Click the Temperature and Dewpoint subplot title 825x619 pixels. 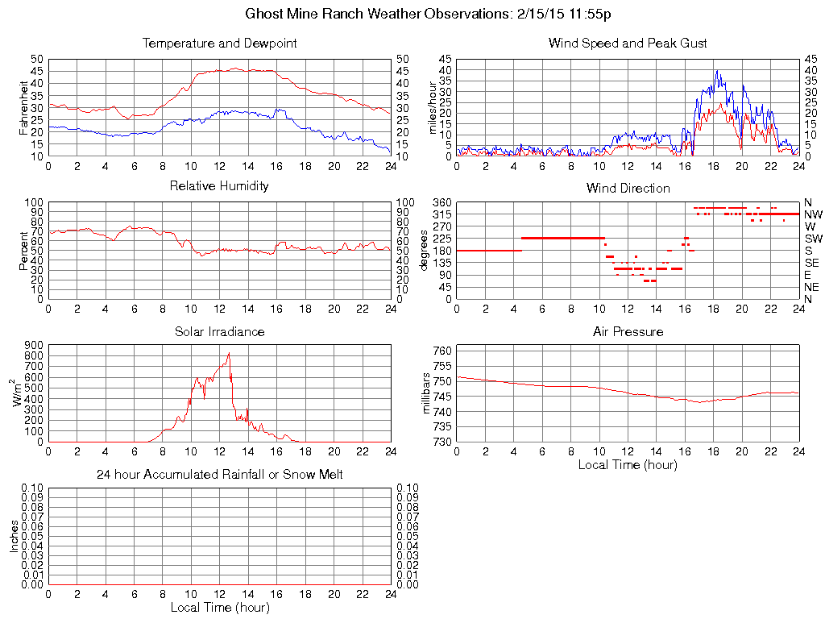pyautogui.click(x=219, y=43)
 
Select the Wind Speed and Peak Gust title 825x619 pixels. pyautogui.click(x=628, y=43)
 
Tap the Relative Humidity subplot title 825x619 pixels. pyautogui.click(x=219, y=186)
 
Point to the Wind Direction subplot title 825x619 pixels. pyautogui.click(x=628, y=188)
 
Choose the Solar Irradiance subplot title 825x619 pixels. pyautogui.click(x=219, y=331)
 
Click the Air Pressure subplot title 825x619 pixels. pyautogui.click(x=628, y=331)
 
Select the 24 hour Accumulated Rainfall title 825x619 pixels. pyautogui.click(x=219, y=475)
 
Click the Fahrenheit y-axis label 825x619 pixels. pyautogui.click(x=24, y=107)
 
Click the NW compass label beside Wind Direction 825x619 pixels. pyautogui.click(x=813, y=214)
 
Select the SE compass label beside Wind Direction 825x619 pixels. pyautogui.click(x=812, y=263)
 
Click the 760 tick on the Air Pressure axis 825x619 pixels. pyautogui.click(x=442, y=351)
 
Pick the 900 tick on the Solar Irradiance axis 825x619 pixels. pyautogui.click(x=34, y=345)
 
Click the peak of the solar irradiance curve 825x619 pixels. pyautogui.click(x=229, y=352)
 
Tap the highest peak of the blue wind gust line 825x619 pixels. pyautogui.click(x=716, y=71)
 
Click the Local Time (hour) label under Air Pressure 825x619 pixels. pyautogui.click(x=628, y=464)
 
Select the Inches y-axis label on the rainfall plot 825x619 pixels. pyautogui.click(x=15, y=536)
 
